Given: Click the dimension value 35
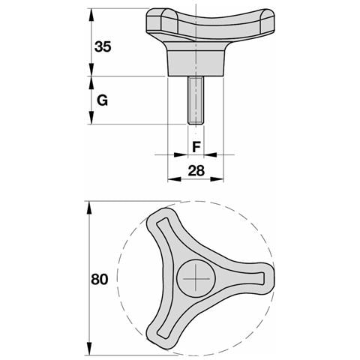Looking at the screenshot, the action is pos(103,46).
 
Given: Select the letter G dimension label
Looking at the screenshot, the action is pos(102,100).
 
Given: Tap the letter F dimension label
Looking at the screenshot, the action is pos(196,147).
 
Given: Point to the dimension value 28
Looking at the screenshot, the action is pos(196,171).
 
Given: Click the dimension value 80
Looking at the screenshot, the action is pos(100,279).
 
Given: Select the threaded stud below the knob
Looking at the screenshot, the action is pos(196,100).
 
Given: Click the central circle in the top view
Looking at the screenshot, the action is pos(196,278).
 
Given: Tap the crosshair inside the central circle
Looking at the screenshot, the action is pos(196,278).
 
